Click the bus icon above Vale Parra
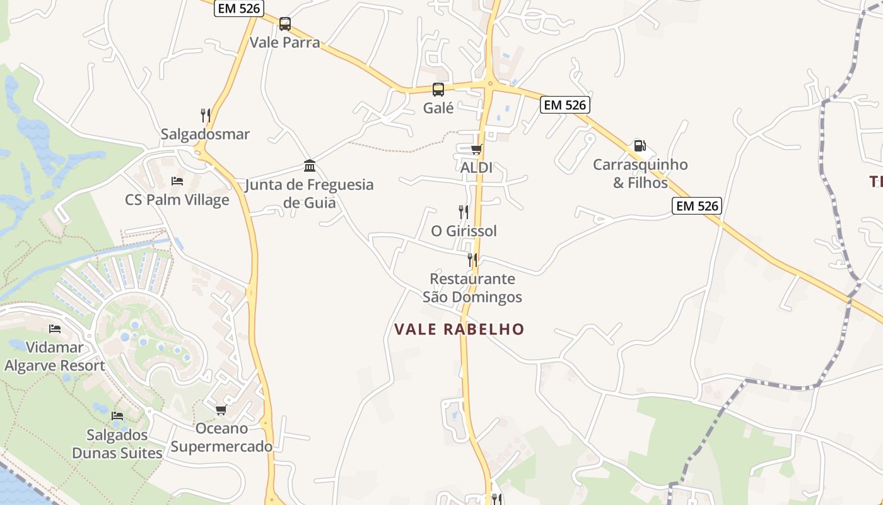(x=285, y=24)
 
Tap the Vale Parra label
(x=285, y=43)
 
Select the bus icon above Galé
(x=438, y=90)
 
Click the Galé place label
(x=438, y=108)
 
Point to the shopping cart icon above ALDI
(x=476, y=149)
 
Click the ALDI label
(x=476, y=168)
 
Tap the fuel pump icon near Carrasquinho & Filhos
(x=640, y=146)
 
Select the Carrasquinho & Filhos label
(x=640, y=174)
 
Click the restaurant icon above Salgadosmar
(x=206, y=115)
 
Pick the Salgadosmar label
(x=206, y=134)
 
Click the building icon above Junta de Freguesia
(x=310, y=165)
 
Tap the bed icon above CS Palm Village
(x=177, y=181)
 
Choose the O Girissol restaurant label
(x=464, y=231)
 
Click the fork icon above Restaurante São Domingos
(x=472, y=259)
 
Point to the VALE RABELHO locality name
(x=459, y=330)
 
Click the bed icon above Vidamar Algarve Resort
(x=55, y=328)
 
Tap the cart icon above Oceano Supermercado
(x=221, y=410)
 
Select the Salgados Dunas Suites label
(x=117, y=444)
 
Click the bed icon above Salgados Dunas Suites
(x=117, y=415)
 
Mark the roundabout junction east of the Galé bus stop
(x=489, y=83)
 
